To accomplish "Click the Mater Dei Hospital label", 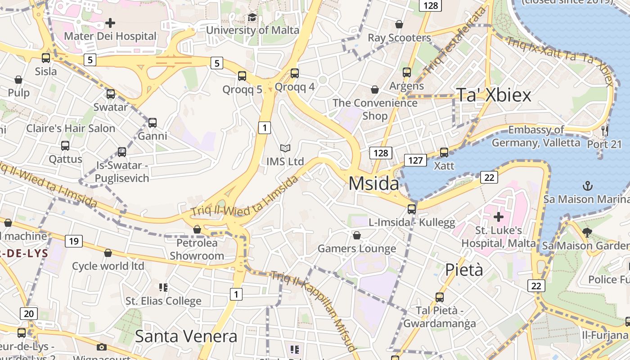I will coord(110,36).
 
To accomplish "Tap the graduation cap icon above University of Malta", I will coord(252,18).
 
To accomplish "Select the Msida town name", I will coord(373,184).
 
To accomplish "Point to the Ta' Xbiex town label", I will coord(494,95).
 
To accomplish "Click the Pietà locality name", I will coord(464,270).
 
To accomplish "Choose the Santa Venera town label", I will coord(186,336).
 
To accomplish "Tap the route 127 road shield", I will coord(415,160).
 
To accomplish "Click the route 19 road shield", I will coord(74,241).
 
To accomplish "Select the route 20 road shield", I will coord(29,314).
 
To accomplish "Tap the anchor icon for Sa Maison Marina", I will coord(587,185).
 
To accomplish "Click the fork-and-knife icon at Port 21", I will coord(604,131).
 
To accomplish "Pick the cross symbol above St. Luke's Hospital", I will coord(498,217).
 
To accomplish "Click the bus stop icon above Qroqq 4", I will coord(295,73).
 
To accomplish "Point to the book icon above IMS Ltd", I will coord(285,148).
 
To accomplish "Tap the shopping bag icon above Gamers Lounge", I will coord(356,235).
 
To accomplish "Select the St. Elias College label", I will coord(163,301).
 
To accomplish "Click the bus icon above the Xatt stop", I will coord(444,153).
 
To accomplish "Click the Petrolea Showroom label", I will coord(197,249).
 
